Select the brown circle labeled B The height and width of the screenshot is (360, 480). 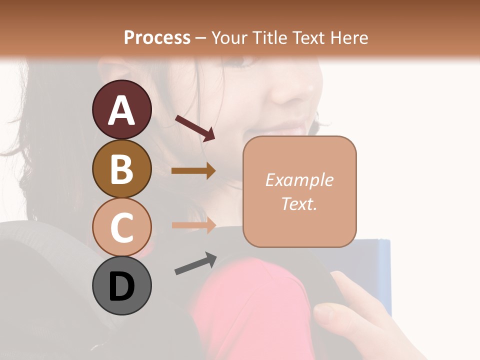121,168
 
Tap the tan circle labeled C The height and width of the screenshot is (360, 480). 121,227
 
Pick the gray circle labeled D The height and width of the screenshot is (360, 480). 121,285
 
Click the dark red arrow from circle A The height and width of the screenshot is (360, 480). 195,128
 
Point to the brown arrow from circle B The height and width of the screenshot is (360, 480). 193,171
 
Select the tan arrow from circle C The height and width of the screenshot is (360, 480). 193,225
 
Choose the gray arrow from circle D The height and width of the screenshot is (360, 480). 195,263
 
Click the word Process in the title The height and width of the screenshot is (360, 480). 157,37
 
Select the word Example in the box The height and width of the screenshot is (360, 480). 299,180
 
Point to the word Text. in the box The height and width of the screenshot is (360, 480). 299,203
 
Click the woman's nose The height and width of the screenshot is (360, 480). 292,90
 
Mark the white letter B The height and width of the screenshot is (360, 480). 121,168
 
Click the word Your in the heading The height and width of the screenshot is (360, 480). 230,37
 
